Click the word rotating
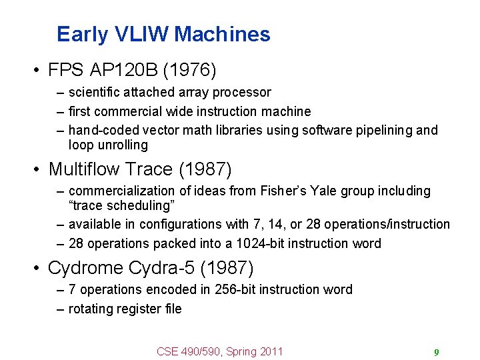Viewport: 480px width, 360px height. pyautogui.click(x=91, y=309)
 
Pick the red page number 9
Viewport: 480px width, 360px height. pyautogui.click(x=436, y=352)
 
